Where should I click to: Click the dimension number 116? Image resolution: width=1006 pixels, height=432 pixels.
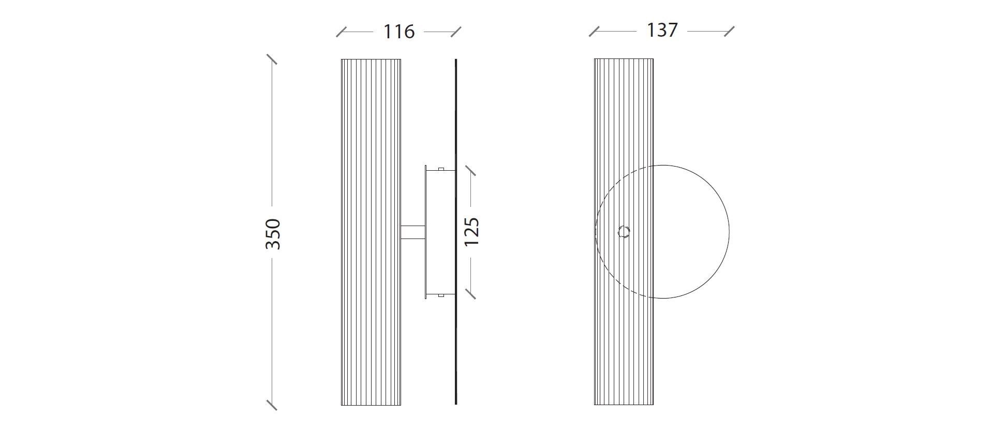398,32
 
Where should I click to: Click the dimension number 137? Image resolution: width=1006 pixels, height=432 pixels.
662,31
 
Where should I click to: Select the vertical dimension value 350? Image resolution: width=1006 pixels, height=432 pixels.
273,234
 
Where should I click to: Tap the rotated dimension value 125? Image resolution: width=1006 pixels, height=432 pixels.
471,231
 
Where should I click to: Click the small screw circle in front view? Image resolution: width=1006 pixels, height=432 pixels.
625,232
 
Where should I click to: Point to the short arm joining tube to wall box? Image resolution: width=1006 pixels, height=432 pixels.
413,232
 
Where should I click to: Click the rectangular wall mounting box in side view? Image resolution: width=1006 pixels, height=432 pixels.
440,232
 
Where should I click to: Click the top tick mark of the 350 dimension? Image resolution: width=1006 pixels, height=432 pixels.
271,59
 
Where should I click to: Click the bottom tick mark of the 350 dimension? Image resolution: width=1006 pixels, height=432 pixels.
271,405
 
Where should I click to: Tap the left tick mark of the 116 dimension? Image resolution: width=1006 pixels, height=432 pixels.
342,32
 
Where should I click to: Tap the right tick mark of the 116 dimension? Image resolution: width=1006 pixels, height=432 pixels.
455,32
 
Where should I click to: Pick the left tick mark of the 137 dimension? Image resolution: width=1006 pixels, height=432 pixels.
594,32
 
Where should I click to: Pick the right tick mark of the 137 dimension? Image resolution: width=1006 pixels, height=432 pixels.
729,31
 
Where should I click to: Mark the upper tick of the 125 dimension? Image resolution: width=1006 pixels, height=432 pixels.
470,171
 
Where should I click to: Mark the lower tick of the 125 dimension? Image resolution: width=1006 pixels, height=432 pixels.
470,294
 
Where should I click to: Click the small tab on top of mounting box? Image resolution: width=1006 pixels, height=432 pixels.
441,169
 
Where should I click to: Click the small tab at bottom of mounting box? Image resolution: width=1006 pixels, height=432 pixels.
441,295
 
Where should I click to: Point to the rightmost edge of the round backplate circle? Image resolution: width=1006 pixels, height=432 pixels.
729,232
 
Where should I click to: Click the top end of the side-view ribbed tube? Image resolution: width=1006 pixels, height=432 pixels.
371,60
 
